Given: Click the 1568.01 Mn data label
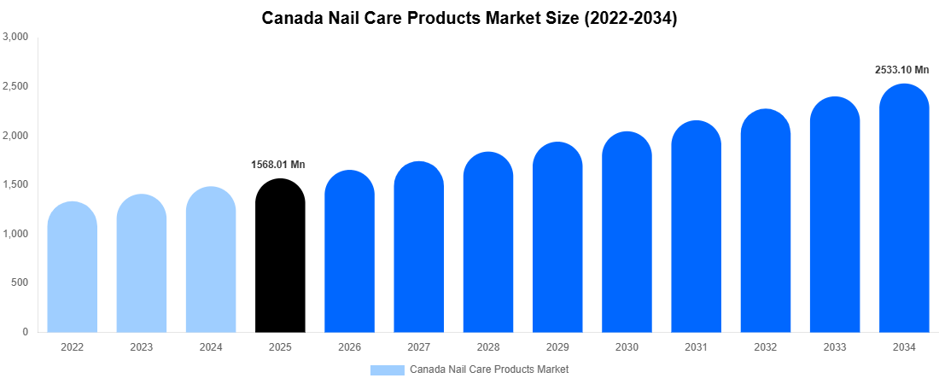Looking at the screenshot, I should (278, 165).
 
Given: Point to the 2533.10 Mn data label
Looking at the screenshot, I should (901, 70).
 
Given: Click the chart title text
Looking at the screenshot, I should (469, 19).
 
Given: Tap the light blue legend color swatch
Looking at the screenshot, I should (387, 369).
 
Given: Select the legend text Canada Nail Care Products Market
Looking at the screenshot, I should (489, 369).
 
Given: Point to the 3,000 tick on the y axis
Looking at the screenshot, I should (16, 38).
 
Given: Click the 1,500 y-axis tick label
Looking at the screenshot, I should (16, 185).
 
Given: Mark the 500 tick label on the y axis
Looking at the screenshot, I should (20, 283).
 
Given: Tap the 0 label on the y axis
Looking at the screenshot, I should (26, 332).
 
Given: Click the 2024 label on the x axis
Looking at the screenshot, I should (211, 347).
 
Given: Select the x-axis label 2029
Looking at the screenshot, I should (557, 347).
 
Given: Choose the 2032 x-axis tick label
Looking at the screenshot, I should (765, 347).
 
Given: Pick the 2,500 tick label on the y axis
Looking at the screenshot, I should (16, 87).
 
